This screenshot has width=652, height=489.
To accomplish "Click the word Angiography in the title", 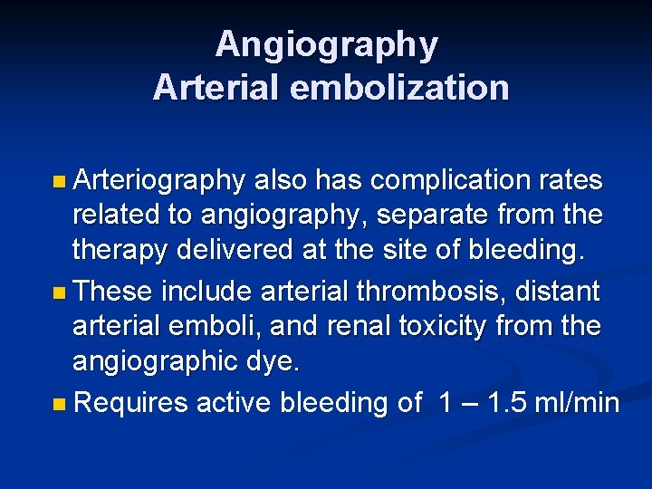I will (326, 44).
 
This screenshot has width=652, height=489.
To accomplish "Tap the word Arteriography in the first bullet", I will (158, 181).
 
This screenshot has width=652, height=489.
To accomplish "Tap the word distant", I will (558, 292).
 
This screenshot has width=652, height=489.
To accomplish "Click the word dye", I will (274, 361).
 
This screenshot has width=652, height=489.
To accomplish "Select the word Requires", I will (130, 402).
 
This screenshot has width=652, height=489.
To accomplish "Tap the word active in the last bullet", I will (234, 402).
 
